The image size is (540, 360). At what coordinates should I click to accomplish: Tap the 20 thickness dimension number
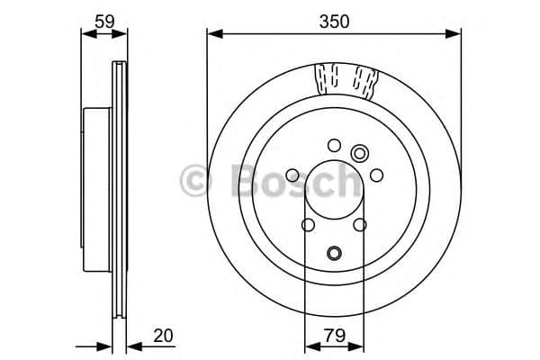(x=163, y=336)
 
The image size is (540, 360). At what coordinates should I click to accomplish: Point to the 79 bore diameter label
(x=334, y=336)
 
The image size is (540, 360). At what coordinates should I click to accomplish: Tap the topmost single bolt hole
(x=335, y=145)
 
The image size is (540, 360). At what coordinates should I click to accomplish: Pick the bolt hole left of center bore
(x=292, y=176)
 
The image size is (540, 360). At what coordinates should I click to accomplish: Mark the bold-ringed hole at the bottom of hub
(x=335, y=253)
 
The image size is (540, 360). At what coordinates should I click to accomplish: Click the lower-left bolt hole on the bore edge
(x=308, y=225)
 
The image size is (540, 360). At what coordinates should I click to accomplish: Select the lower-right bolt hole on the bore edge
(x=361, y=225)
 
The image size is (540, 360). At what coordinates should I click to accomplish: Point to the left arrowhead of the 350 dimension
(x=212, y=34)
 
